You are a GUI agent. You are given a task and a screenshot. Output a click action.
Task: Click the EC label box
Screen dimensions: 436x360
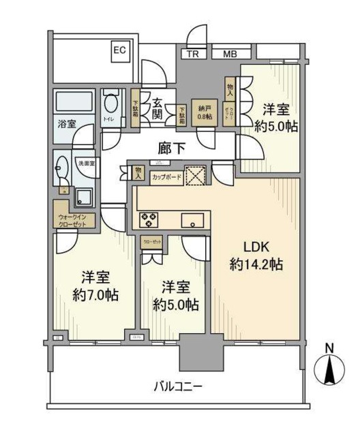(119, 50)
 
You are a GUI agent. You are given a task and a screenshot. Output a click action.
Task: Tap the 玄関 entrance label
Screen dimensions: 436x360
(156, 108)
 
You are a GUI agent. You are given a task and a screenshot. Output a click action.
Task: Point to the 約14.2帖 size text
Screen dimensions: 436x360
(256, 265)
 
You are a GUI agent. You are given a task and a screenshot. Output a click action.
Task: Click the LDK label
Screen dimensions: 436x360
(256, 247)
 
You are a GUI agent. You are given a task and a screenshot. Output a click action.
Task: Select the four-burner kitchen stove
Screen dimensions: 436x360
(149, 219)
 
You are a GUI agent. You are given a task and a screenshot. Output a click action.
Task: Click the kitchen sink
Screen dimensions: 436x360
(193, 219)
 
